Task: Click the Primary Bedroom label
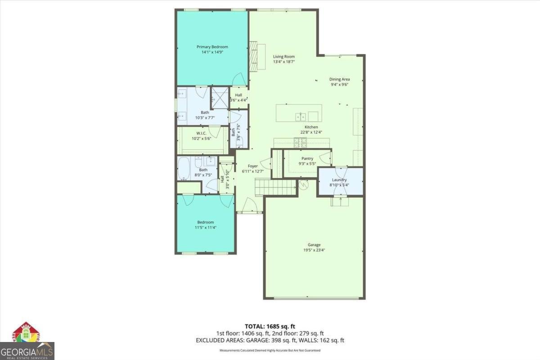click(x=212, y=47)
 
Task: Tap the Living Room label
click(x=283, y=57)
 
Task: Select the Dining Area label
click(x=339, y=79)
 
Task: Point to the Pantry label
click(x=307, y=158)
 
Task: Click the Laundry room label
click(x=339, y=180)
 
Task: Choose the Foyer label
click(x=253, y=166)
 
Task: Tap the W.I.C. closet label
click(x=201, y=133)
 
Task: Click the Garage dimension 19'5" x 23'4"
click(x=314, y=250)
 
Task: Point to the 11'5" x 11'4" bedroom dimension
click(x=205, y=227)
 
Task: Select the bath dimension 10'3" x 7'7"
click(x=205, y=117)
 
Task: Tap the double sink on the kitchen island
click(x=301, y=117)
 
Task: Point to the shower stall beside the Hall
click(x=220, y=96)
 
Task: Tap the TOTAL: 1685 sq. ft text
click(x=270, y=326)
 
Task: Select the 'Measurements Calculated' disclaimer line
click(x=270, y=350)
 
